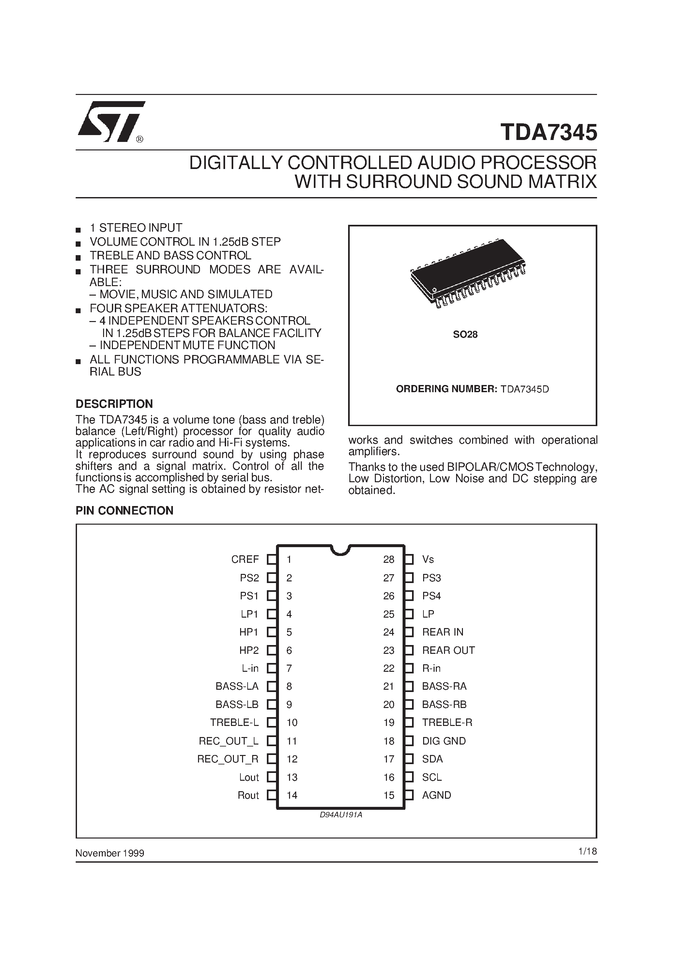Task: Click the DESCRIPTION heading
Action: pyautogui.click(x=114, y=404)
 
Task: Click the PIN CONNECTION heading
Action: pyautogui.click(x=124, y=511)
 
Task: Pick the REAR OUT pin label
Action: pyautogui.click(x=448, y=650)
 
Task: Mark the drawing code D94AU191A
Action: pyautogui.click(x=341, y=815)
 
